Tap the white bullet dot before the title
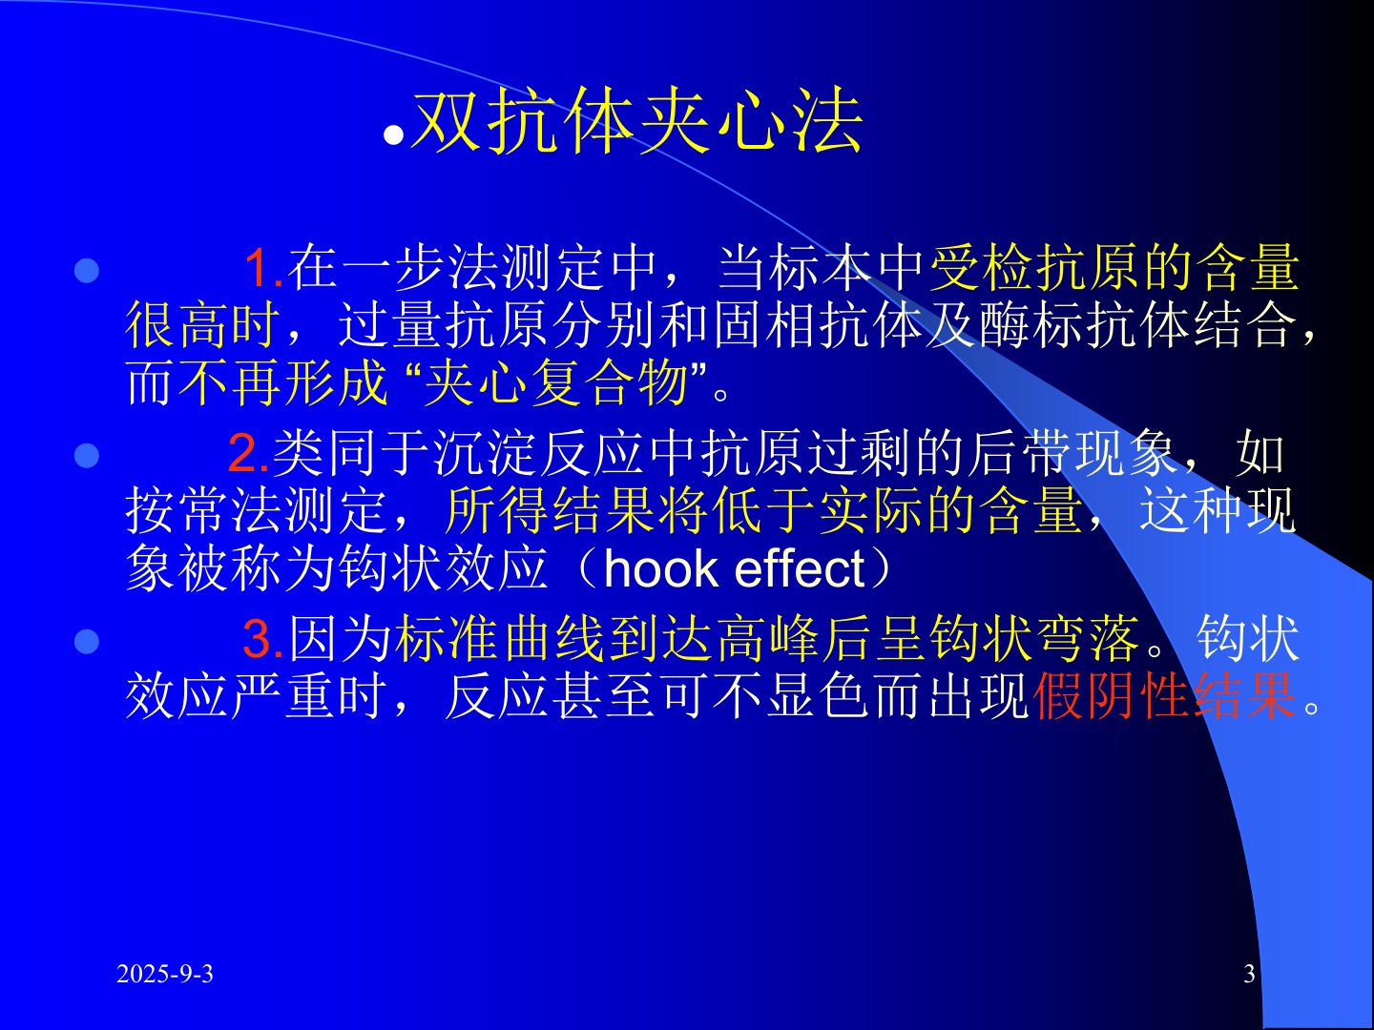(x=393, y=135)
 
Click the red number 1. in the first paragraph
(x=263, y=268)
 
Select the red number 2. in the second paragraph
(x=249, y=452)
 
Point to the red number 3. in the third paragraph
(x=264, y=638)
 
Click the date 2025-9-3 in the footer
(x=165, y=974)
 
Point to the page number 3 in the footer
(x=1249, y=974)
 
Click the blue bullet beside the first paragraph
(x=87, y=271)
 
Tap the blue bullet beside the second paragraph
(x=87, y=455)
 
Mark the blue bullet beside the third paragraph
(x=87, y=642)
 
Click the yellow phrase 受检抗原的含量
(x=1114, y=268)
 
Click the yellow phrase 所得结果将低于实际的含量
(x=763, y=510)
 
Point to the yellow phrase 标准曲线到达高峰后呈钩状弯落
(x=767, y=638)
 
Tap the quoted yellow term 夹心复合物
(x=556, y=381)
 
